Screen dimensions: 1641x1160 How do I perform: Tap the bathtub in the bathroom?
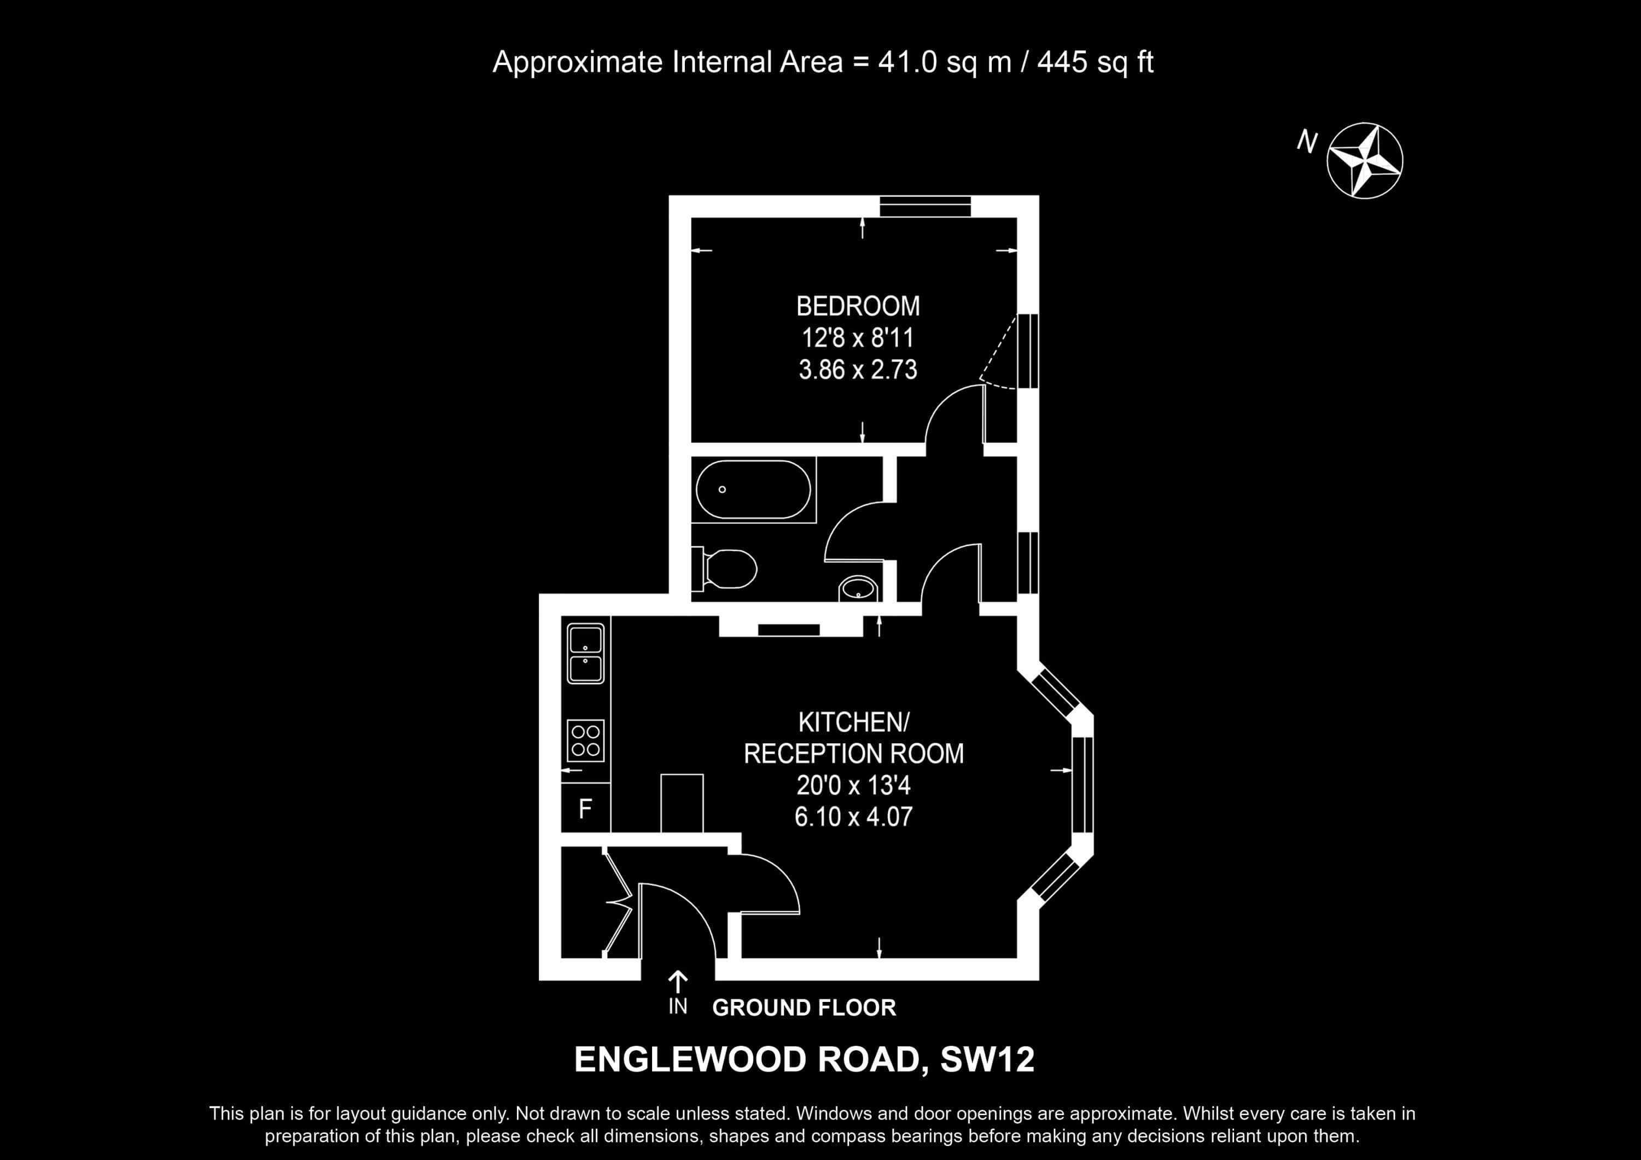753,489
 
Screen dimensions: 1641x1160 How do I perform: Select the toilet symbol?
724,569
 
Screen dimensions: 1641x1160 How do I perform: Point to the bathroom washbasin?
858,588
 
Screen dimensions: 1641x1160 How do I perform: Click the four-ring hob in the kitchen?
585,741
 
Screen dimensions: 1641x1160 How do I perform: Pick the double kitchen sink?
585,653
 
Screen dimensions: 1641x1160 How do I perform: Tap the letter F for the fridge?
585,809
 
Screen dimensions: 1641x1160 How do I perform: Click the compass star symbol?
1365,161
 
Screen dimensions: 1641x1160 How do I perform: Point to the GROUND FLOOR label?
804,1008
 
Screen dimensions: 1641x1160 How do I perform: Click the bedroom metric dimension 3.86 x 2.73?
858,370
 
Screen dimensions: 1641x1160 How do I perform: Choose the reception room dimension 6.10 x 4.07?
853,816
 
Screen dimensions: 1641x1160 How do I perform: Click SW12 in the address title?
987,1059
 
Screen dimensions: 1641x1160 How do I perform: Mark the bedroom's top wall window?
925,206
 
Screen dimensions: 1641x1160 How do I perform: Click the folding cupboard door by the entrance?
618,902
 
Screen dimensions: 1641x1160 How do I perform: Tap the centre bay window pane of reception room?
1083,785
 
